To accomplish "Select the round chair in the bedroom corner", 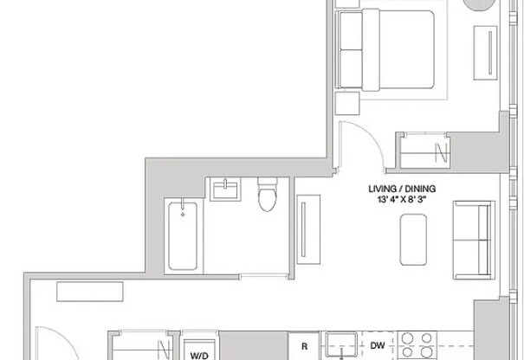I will click(483, 5).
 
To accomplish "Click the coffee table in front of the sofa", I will click(414, 239).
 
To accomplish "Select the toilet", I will click(268, 195).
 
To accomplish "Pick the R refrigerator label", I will click(305, 346).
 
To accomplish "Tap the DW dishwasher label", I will click(377, 345).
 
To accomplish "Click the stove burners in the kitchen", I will click(420, 344).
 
